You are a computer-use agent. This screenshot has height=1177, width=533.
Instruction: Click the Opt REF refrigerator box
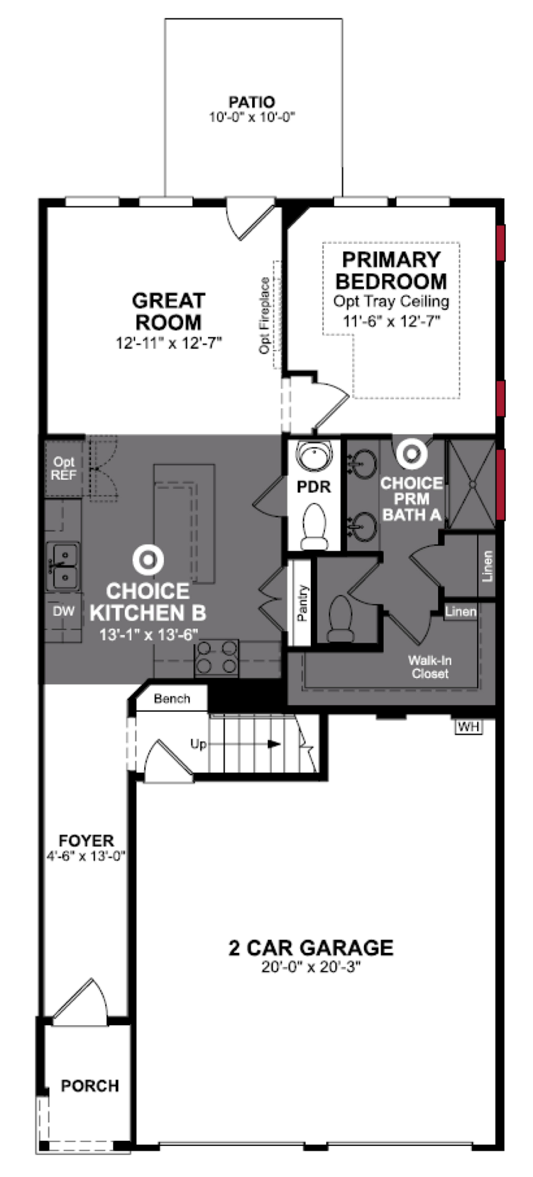pos(64,468)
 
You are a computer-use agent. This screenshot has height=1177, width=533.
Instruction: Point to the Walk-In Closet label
pos(430,667)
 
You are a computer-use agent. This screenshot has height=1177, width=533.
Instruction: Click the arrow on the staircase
pos(273,744)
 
